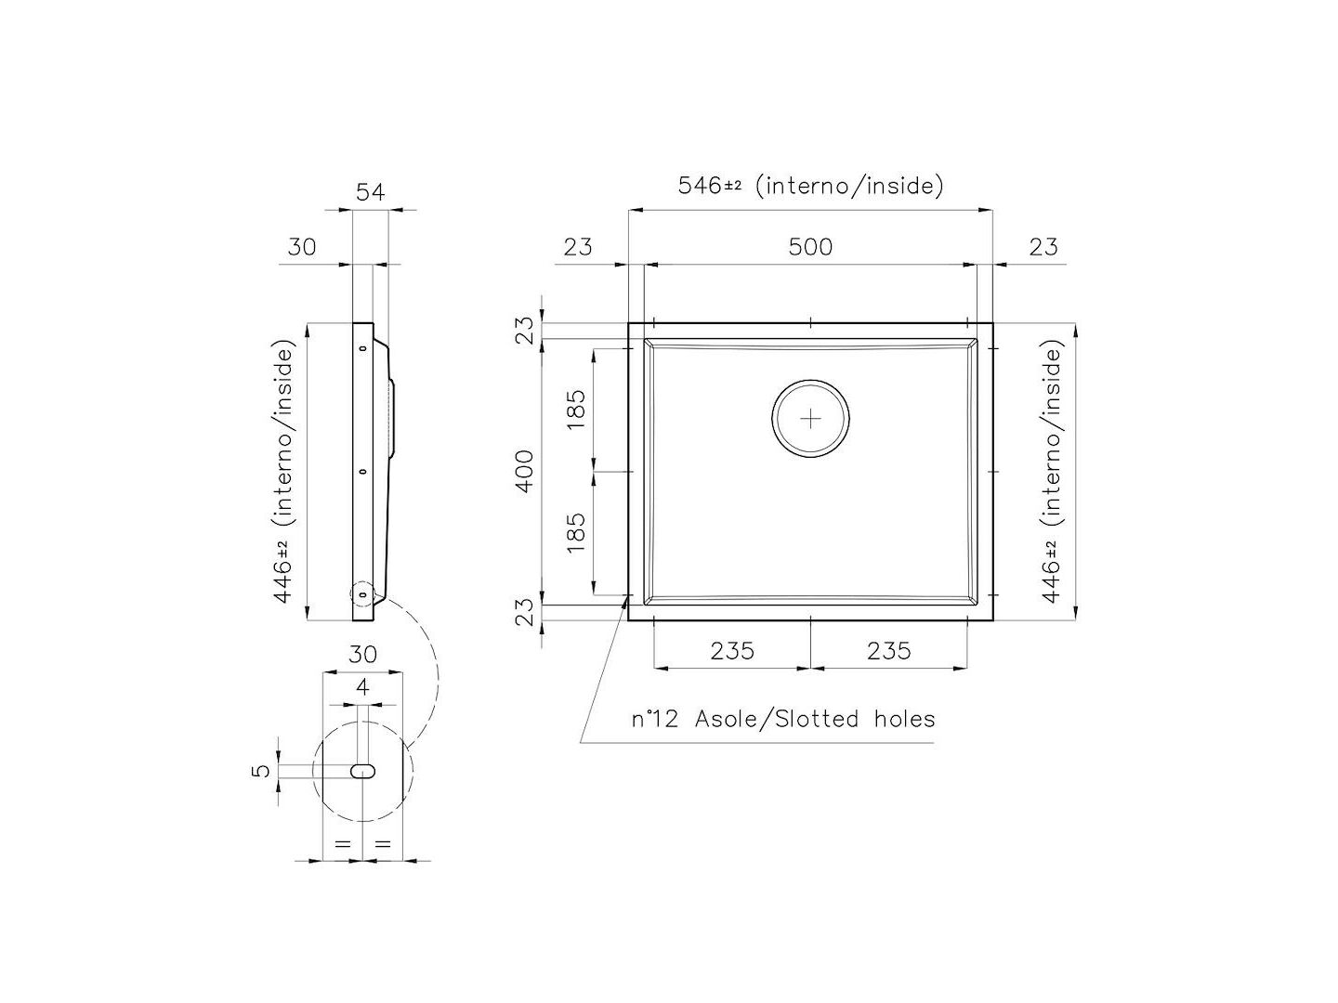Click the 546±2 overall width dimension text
pyautogui.click(x=710, y=186)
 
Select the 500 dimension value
pyautogui.click(x=810, y=247)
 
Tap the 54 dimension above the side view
pyautogui.click(x=370, y=192)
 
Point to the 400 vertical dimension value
pyautogui.click(x=526, y=471)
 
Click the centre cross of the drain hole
pyautogui.click(x=810, y=419)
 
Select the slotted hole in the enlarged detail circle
pyautogui.click(x=362, y=771)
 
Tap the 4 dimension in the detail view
pyautogui.click(x=362, y=688)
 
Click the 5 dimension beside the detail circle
pyautogui.click(x=262, y=770)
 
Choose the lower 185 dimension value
pyautogui.click(x=576, y=533)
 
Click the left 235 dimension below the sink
pyautogui.click(x=732, y=651)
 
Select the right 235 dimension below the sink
pyautogui.click(x=888, y=651)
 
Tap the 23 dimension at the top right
pyautogui.click(x=1043, y=247)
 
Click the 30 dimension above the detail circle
pyautogui.click(x=362, y=655)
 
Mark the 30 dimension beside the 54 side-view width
pyautogui.click(x=302, y=247)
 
